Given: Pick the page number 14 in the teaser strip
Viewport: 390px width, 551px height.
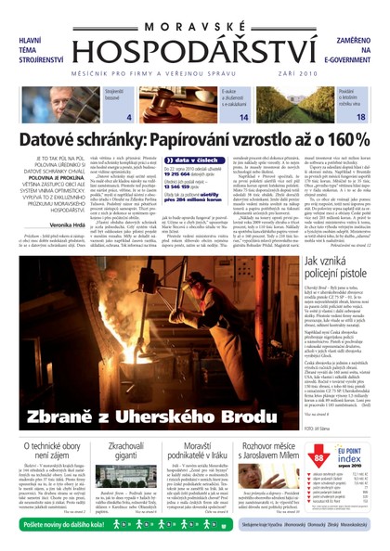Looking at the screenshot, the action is pyautogui.click(x=242, y=118).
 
